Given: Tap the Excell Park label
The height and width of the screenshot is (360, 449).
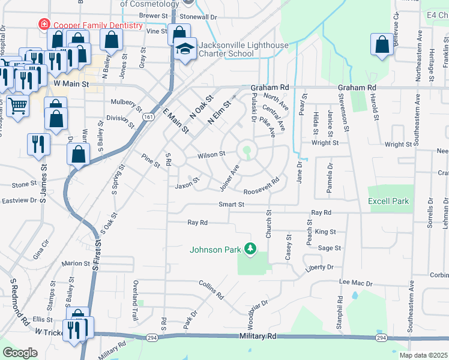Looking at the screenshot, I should pos(388,201).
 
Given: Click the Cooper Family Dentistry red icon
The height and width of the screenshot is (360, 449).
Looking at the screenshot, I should pos(43,25).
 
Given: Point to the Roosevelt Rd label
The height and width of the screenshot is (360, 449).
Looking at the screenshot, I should pos(262,186).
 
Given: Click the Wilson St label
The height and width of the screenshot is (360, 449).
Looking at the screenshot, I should pos(212,154).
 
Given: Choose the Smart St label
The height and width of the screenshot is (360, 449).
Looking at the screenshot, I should pos(232,205).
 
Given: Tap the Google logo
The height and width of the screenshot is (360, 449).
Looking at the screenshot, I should pos(20,352).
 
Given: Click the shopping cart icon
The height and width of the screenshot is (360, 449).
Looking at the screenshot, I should pos(17,106).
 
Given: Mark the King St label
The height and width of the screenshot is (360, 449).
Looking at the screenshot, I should pos(325,232).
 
